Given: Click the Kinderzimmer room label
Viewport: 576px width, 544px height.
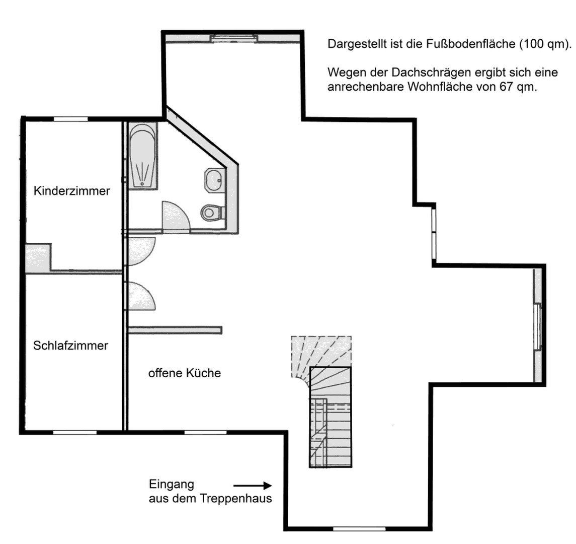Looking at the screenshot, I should point(71,191).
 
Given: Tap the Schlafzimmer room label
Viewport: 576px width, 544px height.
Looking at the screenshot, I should point(70,346).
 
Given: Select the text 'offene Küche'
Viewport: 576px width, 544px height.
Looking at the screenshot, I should point(184,373).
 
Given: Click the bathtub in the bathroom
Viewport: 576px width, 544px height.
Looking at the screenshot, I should point(143,156).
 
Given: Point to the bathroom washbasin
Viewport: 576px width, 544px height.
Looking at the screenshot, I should point(214,180).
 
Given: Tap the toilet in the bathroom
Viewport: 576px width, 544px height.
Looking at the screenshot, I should point(212,213).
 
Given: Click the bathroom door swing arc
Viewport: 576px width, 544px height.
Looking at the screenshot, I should point(174,216).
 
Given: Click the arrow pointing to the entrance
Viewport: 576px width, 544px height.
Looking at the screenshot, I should point(253,486).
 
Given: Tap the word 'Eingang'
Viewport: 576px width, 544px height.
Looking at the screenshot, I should point(171,485).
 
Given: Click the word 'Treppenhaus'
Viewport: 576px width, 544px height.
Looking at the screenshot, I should point(235,499).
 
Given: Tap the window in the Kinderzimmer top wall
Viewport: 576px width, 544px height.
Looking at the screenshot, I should point(71,119).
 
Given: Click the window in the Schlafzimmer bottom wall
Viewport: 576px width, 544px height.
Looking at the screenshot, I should point(74,432).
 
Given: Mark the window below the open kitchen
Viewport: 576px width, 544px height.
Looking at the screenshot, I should point(205,432).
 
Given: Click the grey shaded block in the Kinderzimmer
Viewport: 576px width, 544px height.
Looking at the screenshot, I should point(38,258).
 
